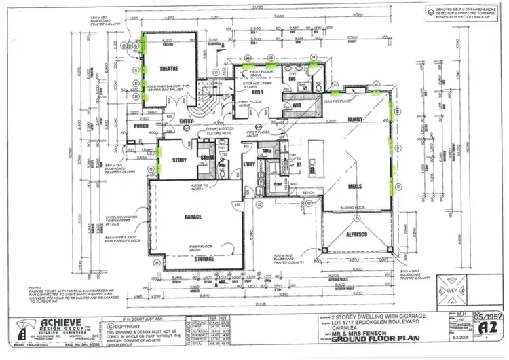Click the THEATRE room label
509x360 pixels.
point(168,69)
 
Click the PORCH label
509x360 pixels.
point(142,126)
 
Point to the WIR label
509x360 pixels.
point(297,105)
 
